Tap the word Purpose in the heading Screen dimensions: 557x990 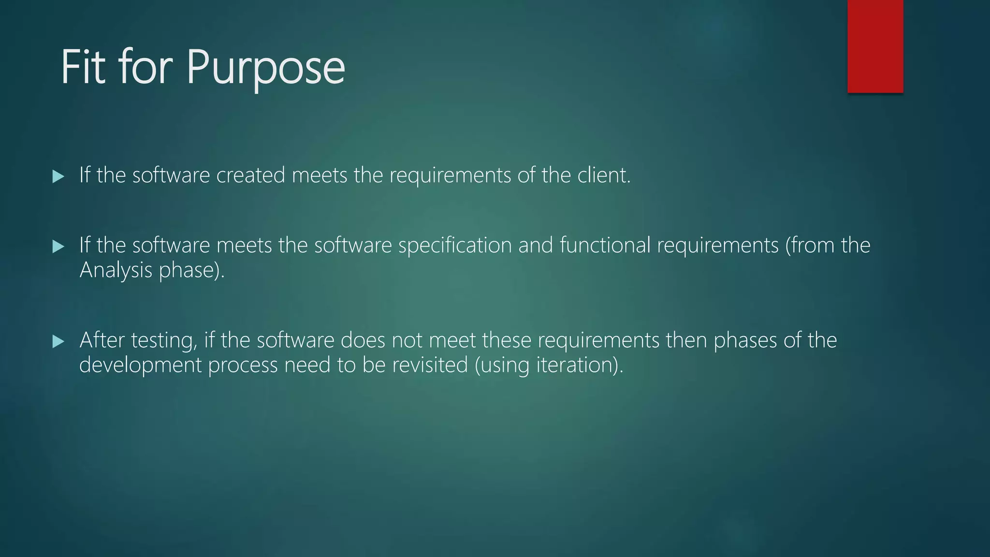coord(266,68)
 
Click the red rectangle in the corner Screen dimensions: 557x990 coord(875,46)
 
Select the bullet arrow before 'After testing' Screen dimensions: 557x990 coord(58,342)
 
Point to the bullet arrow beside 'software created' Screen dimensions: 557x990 coord(58,176)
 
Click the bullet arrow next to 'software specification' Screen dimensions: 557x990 coord(58,247)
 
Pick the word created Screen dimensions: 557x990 coord(250,175)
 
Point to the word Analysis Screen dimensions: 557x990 coord(116,270)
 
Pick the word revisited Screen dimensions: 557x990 coord(430,365)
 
